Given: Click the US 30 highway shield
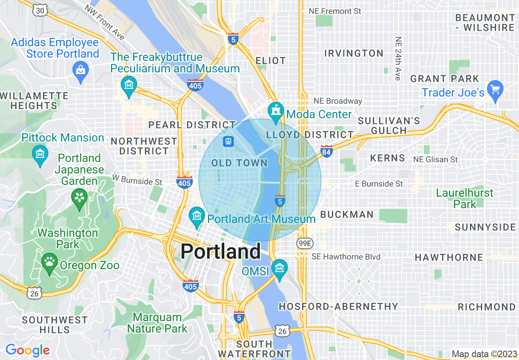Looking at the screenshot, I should [x=40, y=11].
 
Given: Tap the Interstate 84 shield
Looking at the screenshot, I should [x=326, y=151].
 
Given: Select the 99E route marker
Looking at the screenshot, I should [x=305, y=243].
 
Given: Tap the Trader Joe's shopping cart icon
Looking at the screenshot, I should [x=496, y=88].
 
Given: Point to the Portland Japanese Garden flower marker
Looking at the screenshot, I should [x=79, y=197].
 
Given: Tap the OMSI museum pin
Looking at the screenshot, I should [x=280, y=268].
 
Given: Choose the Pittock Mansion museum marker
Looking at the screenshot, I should [x=40, y=154].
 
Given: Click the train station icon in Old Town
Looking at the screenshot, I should [x=228, y=142].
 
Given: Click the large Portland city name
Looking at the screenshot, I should [x=221, y=251].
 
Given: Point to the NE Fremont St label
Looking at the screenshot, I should [x=335, y=11].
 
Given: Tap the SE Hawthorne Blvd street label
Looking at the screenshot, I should [x=346, y=257].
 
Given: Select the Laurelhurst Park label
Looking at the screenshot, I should [x=465, y=198].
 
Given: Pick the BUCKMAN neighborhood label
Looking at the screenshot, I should [x=347, y=214].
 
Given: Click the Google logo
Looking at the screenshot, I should [x=27, y=350].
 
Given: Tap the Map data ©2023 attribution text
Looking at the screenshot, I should [x=484, y=354].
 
